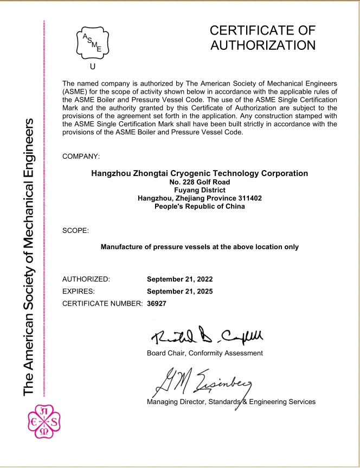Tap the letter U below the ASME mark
coord(92,67)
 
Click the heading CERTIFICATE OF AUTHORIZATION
coord(262,37)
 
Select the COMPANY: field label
coord(81,157)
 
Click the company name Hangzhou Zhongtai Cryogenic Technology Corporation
coord(200,173)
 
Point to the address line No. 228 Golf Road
coord(200,183)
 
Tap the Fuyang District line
coord(200,190)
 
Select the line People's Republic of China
coord(200,206)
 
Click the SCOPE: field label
coord(75,231)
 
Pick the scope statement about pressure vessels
coord(200,247)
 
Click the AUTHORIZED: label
coord(86,279)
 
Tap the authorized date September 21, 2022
coord(180,279)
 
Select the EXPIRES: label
coord(79,291)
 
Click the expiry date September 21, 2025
coord(180,291)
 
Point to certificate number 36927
coord(157,303)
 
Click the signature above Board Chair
coord(208,337)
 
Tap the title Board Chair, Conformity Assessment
coord(205,353)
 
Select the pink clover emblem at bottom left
coord(44,421)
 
